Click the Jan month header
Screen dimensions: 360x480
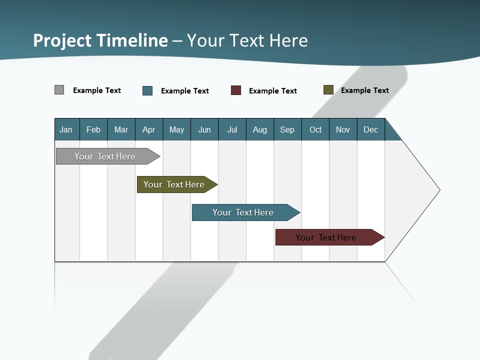(x=66, y=129)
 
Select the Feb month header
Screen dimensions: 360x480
(x=93, y=129)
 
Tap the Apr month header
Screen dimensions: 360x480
(x=148, y=129)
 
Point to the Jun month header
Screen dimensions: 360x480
(x=204, y=129)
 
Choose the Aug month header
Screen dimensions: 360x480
(x=259, y=129)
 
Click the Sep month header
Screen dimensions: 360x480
(x=287, y=129)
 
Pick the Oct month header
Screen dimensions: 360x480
(x=315, y=129)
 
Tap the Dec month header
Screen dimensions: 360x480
(x=370, y=129)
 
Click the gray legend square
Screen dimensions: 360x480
(x=59, y=90)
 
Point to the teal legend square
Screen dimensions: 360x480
(x=147, y=90)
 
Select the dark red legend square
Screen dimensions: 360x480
(x=236, y=90)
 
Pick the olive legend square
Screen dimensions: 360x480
(x=328, y=90)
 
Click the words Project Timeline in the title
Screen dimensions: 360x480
(x=100, y=40)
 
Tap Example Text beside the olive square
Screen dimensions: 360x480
(x=364, y=90)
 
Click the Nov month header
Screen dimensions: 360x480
(x=343, y=129)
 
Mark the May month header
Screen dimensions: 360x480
(x=176, y=129)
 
